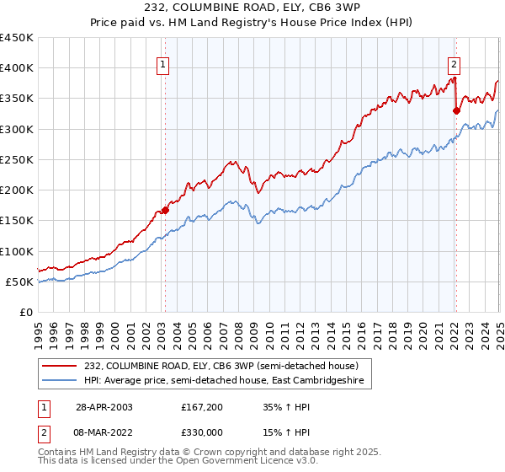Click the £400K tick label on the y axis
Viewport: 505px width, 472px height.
point(17,68)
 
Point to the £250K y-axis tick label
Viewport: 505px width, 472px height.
point(17,159)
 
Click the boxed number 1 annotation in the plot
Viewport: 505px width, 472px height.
point(162,62)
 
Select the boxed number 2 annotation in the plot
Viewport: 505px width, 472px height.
point(454,62)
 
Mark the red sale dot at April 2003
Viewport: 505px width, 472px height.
point(165,210)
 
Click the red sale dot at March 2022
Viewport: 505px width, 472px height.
point(455,110)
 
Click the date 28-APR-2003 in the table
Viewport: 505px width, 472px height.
point(104,406)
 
